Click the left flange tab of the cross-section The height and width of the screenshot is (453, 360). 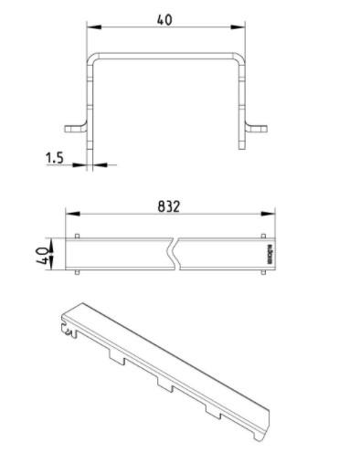point(76,125)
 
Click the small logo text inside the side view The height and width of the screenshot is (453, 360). point(269,253)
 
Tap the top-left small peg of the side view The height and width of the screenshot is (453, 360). point(78,236)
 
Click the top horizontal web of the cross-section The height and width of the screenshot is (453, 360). point(166,53)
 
